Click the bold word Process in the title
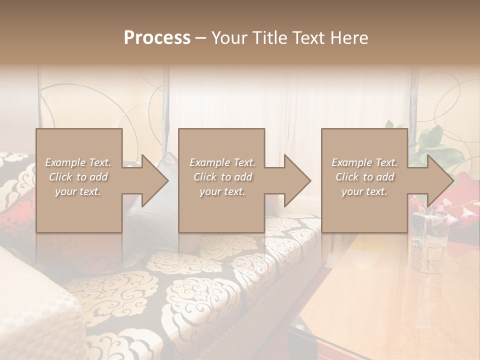[x=157, y=38]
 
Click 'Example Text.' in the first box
[x=78, y=162]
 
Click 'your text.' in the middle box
[x=221, y=191]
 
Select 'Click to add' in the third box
[x=364, y=177]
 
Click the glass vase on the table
[x=429, y=235]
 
